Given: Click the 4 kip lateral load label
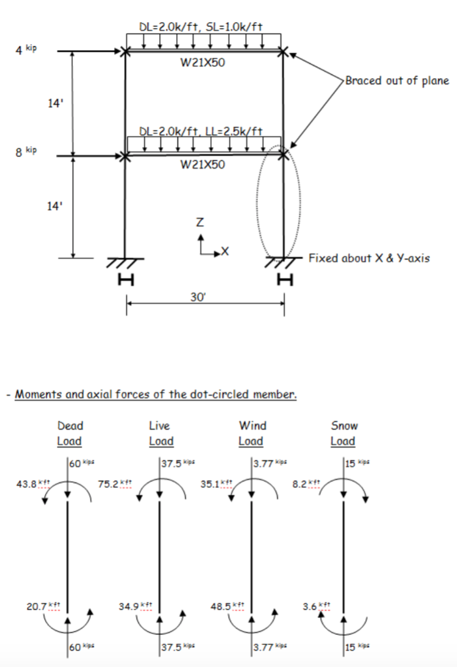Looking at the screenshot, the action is point(26,50).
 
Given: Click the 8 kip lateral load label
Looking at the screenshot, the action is point(26,151).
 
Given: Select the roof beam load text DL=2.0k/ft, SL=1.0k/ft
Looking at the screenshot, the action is point(201,27).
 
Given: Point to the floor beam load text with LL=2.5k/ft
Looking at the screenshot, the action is point(201,131).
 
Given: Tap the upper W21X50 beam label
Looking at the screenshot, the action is point(203,63).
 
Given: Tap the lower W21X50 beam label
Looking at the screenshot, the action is point(203,165).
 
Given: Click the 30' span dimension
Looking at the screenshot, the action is point(198,297).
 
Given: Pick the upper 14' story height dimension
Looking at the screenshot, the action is point(55,103).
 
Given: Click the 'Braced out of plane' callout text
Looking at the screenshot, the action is point(397,81).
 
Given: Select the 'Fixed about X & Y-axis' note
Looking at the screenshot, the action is point(369,258).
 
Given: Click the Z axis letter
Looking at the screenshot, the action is point(199,222).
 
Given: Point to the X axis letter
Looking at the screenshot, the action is point(226,251).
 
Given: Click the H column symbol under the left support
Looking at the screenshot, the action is point(126,279).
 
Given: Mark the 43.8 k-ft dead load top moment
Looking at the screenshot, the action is point(33,484).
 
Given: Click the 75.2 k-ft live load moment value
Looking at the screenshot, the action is point(115,484).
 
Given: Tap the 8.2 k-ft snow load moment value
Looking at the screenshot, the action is point(306,484).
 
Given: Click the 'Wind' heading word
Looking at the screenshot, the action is point(252,426).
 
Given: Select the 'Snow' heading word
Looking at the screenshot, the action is point(345,426).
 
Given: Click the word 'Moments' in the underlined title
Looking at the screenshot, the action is point(38,394).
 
